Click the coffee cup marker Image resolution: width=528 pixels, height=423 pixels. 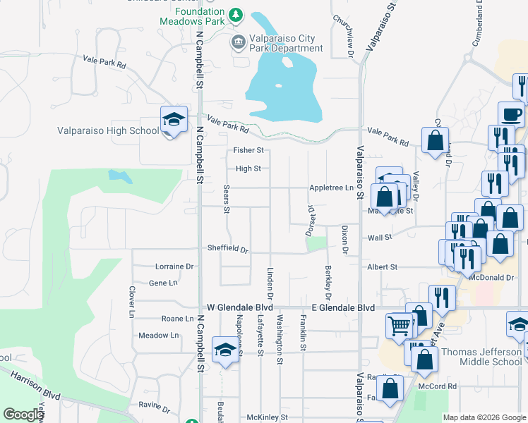pos(511,114)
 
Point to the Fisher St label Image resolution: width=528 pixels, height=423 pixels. pos(248,151)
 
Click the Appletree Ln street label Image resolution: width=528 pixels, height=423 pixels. pos(330,188)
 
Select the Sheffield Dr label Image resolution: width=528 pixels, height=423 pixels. pos(228,249)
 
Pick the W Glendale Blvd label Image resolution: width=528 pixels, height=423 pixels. pos(239,308)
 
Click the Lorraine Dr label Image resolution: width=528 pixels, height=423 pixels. pos(174,266)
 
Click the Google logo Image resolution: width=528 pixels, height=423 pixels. pos(23,415)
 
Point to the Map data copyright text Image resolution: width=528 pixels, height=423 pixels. pos(484,417)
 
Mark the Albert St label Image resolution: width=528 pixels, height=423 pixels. pos(383,267)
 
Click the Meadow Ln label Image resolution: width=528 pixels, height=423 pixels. pos(158,336)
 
